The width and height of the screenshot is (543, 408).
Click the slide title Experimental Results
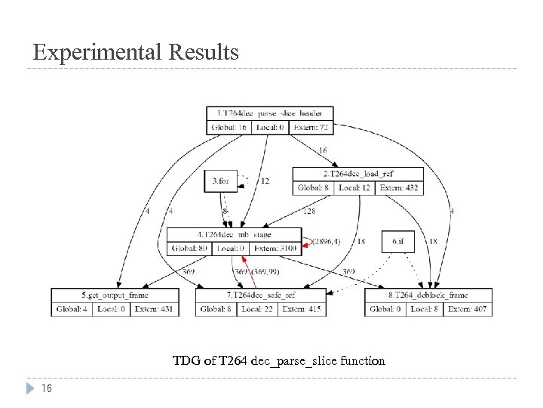(136, 52)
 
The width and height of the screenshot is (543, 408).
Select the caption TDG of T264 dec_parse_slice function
(278, 361)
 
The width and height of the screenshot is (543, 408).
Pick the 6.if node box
(397, 242)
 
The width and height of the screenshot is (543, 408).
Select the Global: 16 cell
(229, 127)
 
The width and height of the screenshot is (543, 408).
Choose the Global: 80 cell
(189, 249)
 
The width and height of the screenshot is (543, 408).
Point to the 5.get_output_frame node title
(115, 295)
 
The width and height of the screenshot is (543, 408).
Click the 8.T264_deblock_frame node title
(428, 295)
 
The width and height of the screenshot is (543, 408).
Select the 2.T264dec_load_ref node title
(358, 173)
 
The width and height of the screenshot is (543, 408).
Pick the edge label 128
(308, 212)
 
